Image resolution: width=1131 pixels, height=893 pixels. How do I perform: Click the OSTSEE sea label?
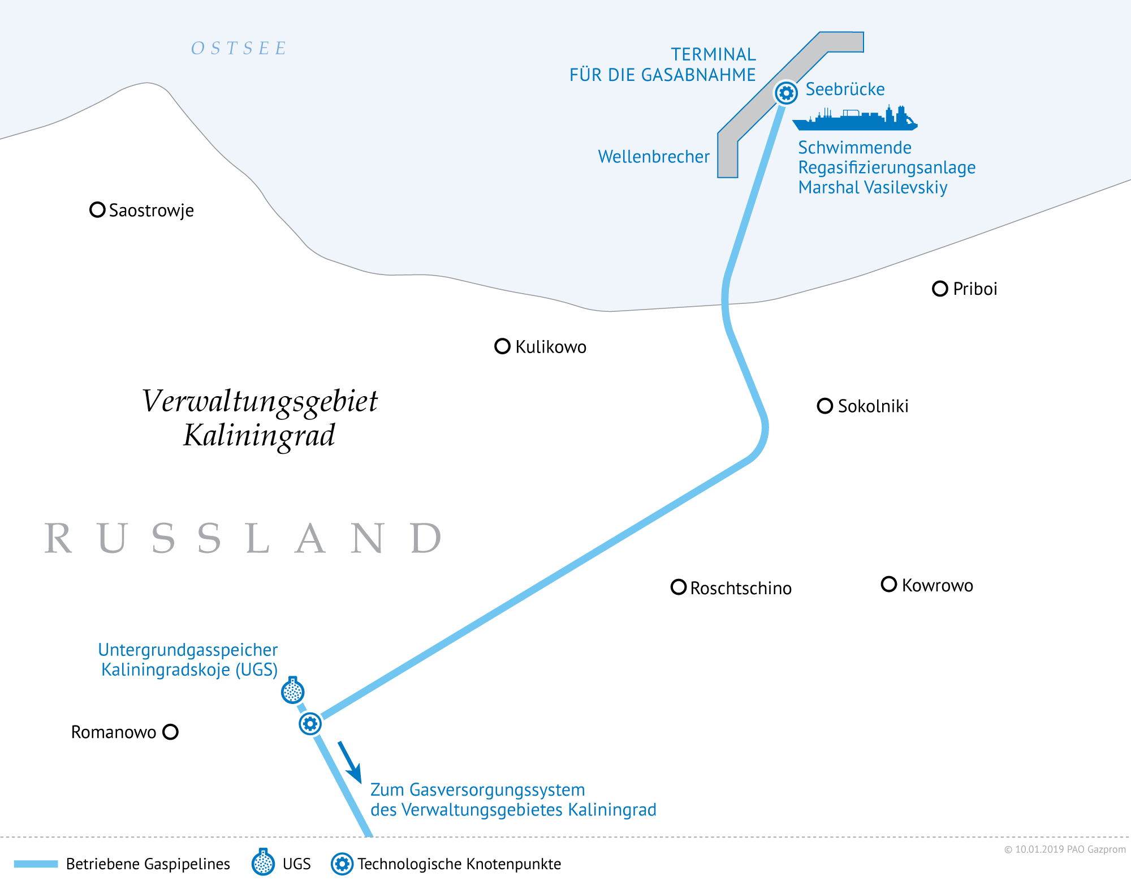239,48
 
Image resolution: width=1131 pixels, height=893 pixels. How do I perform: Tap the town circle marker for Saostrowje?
97,210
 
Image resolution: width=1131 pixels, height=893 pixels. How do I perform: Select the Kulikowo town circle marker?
502,346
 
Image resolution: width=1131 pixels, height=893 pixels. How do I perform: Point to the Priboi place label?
975,289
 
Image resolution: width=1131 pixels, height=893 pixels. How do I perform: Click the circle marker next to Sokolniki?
825,406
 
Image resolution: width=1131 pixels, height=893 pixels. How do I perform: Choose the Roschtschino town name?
741,588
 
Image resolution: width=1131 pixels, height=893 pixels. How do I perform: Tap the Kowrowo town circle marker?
889,585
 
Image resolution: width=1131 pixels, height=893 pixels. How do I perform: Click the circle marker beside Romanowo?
170,732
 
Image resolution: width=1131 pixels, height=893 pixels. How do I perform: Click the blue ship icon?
854,118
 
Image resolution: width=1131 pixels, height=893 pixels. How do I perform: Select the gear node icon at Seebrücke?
786,92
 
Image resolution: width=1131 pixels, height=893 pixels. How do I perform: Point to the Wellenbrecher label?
654,157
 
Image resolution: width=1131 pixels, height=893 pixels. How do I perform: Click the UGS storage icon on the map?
293,690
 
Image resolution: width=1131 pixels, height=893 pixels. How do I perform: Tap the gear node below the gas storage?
310,724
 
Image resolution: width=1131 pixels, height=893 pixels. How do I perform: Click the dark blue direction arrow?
350,762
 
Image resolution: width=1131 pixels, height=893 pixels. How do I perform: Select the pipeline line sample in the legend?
36,864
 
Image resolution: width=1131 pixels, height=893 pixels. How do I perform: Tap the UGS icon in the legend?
263,862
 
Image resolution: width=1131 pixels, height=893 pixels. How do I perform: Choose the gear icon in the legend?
342,864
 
